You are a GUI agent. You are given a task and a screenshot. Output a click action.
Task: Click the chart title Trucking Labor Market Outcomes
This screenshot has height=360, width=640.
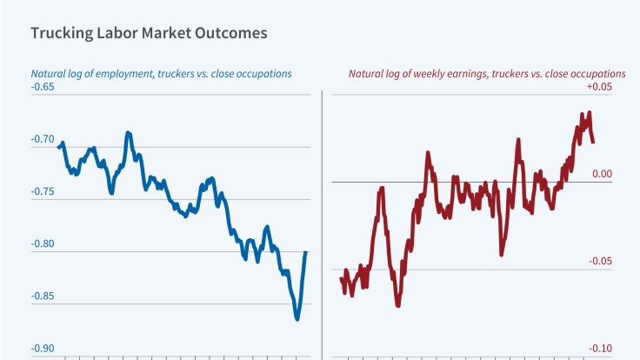click(149, 33)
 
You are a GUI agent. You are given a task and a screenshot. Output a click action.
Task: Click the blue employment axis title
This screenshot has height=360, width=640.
click(161, 73)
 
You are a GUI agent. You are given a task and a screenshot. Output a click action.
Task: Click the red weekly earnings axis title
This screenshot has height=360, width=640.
click(487, 73)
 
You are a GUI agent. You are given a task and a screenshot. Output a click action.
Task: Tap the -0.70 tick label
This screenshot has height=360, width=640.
click(43, 139)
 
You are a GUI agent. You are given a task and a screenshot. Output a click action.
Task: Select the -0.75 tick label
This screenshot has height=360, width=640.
click(43, 191)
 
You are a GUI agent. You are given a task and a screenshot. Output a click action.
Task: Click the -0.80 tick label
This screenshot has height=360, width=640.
click(43, 243)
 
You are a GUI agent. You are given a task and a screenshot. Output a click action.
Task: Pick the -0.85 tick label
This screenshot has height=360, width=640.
click(43, 297)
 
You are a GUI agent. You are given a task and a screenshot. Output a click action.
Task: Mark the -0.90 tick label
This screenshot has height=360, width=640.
click(43, 349)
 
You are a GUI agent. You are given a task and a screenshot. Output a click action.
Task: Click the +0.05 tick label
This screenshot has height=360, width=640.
click(600, 86)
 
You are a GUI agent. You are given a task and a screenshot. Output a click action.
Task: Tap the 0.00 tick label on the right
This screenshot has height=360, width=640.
click(602, 174)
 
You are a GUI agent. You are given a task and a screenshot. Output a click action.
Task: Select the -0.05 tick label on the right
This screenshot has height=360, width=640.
click(600, 262)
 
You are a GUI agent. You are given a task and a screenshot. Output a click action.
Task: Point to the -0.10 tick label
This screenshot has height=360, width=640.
click(600, 349)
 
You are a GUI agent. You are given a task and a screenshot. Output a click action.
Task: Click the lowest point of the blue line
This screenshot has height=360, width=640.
click(297, 319)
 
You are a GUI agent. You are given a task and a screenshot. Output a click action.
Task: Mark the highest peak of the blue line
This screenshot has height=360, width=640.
click(128, 132)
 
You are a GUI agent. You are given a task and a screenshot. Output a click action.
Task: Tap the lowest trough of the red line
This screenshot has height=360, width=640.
click(398, 305)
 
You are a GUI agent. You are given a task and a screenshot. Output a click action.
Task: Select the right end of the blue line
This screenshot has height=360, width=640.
click(306, 252)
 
